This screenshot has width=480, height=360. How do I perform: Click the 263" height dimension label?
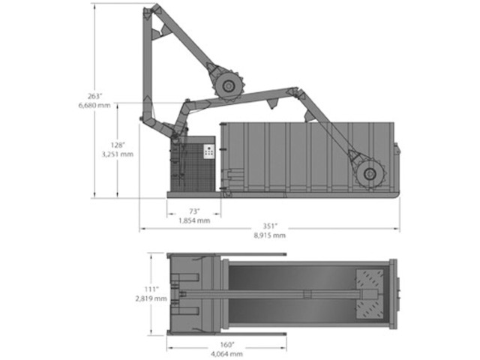click(94, 96)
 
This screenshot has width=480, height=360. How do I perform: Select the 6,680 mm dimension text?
click(94, 106)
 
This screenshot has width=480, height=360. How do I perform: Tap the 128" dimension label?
click(118, 145)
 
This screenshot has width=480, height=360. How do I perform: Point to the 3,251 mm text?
click(118, 154)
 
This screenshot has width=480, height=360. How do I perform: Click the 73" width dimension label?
click(194, 211)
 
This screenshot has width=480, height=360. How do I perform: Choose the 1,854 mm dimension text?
click(194, 220)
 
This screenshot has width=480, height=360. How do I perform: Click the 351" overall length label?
click(270, 226)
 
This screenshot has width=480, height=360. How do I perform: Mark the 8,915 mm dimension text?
click(270, 235)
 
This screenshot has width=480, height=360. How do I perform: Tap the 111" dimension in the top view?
click(151, 289)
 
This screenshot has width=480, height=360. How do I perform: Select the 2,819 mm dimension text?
click(151, 298)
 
